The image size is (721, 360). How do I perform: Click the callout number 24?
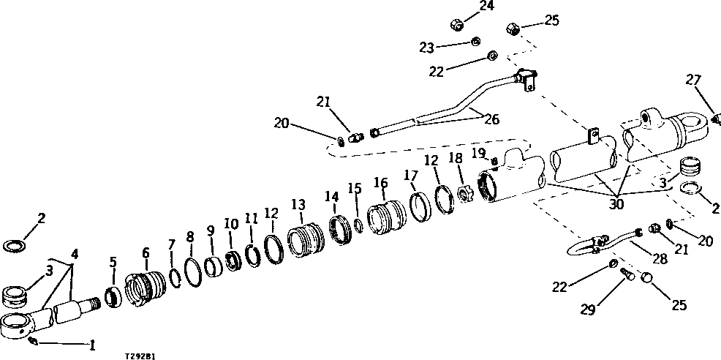(486, 7)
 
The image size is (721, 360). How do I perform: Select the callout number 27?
(693, 80)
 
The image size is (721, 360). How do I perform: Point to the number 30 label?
(616, 205)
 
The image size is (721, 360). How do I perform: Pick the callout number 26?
(491, 119)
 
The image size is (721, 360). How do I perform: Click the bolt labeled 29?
(626, 274)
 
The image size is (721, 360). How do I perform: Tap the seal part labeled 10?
(232, 259)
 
